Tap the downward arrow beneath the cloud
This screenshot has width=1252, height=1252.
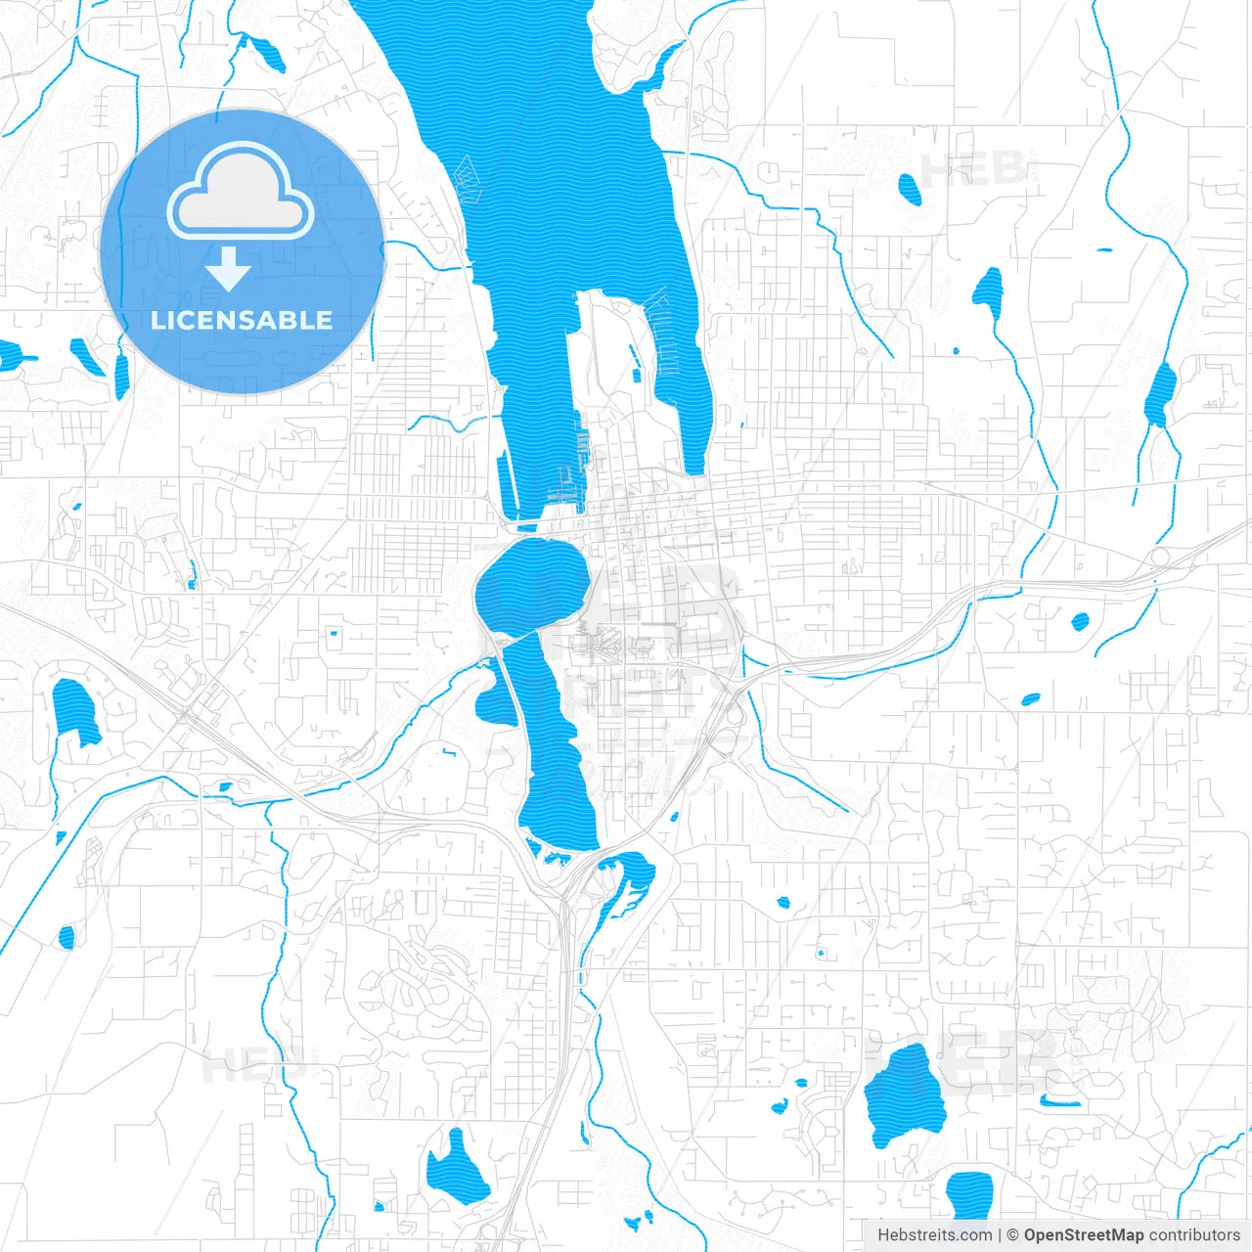coord(228,269)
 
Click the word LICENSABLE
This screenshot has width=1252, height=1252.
coord(242,320)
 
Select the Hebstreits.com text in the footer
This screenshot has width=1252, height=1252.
coord(935,1235)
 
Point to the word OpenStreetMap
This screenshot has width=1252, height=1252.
coord(1083,1235)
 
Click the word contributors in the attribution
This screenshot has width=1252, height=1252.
coord(1193,1235)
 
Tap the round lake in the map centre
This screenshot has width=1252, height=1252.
coord(531,585)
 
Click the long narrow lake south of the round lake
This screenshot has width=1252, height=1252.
coord(553,753)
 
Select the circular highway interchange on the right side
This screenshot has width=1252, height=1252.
coord(1161,559)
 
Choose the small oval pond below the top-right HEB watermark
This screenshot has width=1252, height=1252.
coord(910,189)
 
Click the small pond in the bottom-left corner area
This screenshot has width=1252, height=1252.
coord(67,936)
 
